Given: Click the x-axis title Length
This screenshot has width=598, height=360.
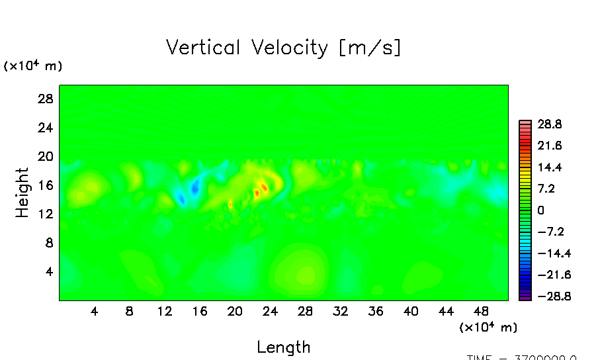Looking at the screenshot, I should [283, 347].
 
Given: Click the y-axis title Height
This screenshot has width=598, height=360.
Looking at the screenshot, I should [22, 193].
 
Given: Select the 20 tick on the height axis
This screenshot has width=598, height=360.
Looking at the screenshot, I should [44, 156].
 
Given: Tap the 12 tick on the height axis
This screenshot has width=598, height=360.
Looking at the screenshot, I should [44, 214].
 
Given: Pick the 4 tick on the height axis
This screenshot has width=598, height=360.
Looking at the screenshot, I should [48, 271].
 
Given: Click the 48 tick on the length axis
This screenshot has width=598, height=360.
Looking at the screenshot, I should [481, 311].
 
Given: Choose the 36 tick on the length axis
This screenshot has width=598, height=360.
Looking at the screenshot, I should [375, 311].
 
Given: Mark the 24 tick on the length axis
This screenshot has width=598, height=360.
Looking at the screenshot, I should [270, 311].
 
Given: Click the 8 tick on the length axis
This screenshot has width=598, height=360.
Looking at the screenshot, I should [129, 311].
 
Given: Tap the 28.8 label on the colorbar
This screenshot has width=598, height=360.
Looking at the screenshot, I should [548, 124].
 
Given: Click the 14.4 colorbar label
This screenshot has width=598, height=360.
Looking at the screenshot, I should [548, 167].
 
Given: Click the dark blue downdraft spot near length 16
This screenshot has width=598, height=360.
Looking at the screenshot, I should [195, 188].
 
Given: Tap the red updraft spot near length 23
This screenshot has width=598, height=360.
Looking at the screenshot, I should [264, 187].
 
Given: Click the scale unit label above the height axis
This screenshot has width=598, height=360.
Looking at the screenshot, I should [33, 66].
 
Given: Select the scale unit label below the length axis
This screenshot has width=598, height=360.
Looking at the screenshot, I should [488, 328].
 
